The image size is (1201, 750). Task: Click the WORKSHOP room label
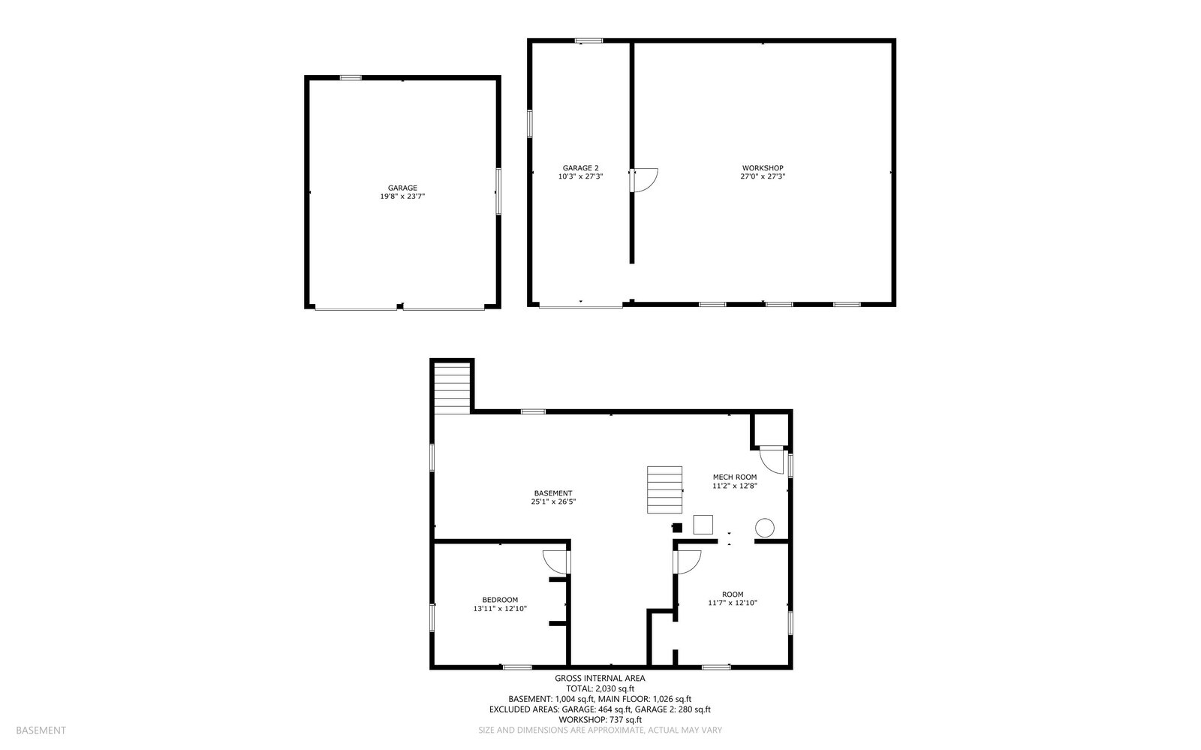(763, 168)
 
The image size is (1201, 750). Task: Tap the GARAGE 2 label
(580, 168)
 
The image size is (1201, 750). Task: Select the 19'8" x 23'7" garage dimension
(402, 197)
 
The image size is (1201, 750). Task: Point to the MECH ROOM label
(734, 477)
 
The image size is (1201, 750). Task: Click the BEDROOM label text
(500, 600)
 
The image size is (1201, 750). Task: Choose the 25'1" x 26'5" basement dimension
(553, 502)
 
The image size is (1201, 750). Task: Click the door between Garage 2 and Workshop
(643, 179)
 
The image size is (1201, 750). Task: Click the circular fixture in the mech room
(764, 528)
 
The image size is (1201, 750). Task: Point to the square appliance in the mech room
(703, 524)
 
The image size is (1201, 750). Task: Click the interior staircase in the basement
(665, 489)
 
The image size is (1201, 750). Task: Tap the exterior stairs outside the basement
(451, 387)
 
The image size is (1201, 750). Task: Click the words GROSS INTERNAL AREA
(600, 678)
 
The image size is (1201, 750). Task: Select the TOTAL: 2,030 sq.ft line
(600, 688)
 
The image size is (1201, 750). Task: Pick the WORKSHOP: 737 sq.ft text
(600, 719)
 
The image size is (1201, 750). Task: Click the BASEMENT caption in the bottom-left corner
(41, 730)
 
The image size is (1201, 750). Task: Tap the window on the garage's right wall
(498, 191)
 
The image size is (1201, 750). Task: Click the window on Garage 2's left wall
(530, 124)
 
